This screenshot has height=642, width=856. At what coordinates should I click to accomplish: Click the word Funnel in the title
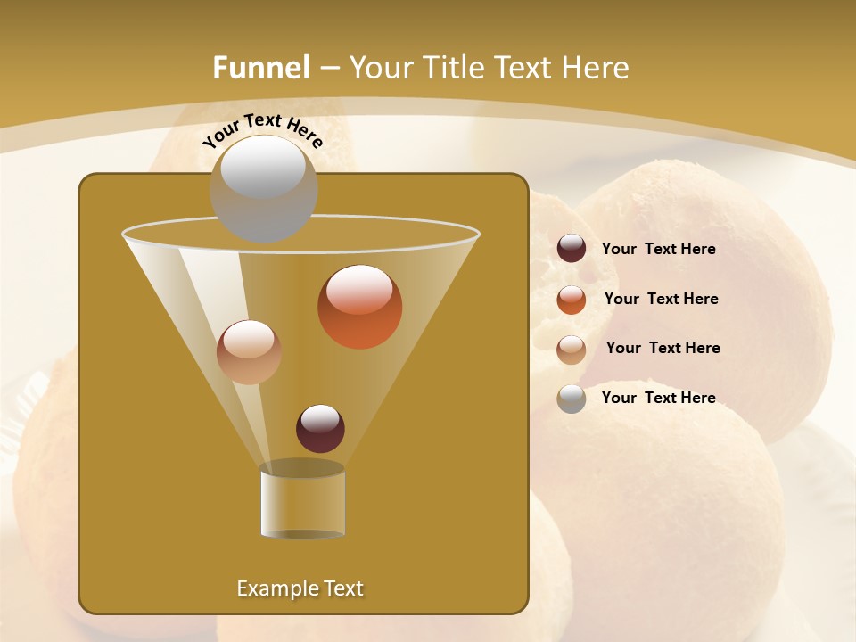click(x=260, y=68)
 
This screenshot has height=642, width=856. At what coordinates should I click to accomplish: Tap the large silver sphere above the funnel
click(x=263, y=188)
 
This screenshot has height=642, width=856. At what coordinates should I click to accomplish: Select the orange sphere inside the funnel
click(x=359, y=307)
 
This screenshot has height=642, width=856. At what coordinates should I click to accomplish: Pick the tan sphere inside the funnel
click(x=249, y=352)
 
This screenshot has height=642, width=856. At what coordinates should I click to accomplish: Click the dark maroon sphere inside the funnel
click(x=320, y=428)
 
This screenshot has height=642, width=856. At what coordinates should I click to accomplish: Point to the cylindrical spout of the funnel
click(x=302, y=503)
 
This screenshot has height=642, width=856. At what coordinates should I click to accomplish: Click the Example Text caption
click(x=300, y=588)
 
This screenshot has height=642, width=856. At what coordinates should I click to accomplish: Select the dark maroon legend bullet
click(x=572, y=249)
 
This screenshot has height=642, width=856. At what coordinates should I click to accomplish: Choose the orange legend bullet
click(x=572, y=300)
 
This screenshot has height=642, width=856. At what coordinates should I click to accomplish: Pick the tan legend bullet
click(x=572, y=349)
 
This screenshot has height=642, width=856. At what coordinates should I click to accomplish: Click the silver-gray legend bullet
click(x=572, y=399)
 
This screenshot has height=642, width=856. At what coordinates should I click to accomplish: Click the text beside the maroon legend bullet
click(x=658, y=249)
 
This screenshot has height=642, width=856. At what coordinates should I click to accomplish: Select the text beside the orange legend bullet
click(x=661, y=299)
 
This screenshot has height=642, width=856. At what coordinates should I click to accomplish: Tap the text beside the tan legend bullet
click(x=663, y=348)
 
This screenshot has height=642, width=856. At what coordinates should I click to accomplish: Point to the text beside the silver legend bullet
click(x=658, y=398)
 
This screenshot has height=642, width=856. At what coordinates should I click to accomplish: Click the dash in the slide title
click(x=329, y=69)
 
